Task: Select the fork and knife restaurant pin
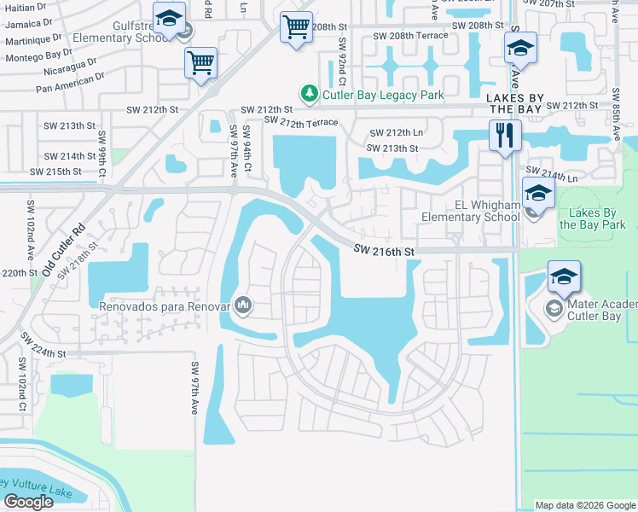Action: pos(505,134)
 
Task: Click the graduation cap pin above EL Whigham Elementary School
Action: pos(538,194)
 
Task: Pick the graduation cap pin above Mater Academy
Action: pos(564,276)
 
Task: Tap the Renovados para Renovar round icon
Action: pos(244,304)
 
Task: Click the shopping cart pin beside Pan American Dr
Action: pos(200,61)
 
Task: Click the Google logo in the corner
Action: pos(28,502)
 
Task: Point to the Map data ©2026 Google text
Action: pos(585,505)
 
